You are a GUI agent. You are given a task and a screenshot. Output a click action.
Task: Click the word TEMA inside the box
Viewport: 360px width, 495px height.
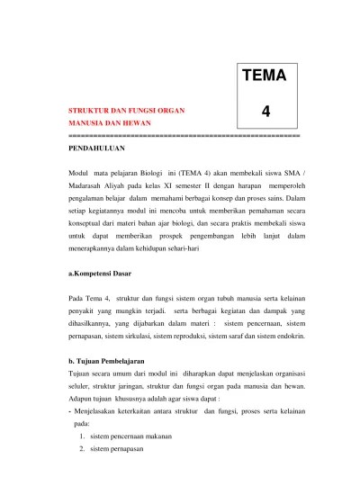coord(264,76)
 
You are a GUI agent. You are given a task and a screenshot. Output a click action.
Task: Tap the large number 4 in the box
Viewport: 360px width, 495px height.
coord(265,112)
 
